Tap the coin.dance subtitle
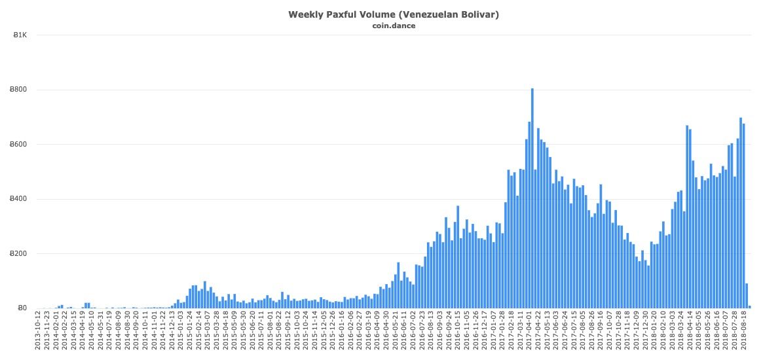[394, 26]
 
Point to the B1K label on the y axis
[20, 35]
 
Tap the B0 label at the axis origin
[22, 308]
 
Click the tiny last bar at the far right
[750, 306]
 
